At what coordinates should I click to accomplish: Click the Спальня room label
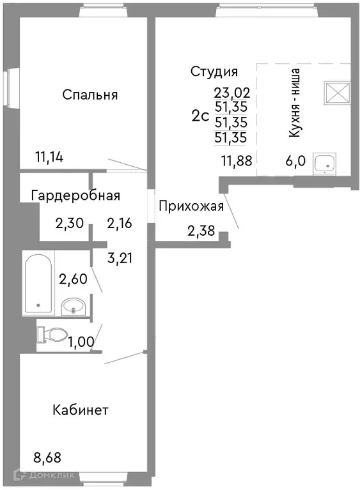pos(90,95)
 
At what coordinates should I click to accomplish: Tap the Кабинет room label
pos(81,410)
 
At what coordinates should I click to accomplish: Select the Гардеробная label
pos(75,195)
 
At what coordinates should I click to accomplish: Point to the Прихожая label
pos(191,206)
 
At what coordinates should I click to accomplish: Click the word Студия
pos(214,72)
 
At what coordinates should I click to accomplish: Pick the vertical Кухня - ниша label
pos(295,102)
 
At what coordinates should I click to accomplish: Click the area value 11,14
pos(49,157)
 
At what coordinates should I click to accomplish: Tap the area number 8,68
pos(47,458)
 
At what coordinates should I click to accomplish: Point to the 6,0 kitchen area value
pos(295,161)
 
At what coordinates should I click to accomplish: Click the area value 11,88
pos(237,161)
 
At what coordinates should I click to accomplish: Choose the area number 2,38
pos(201,231)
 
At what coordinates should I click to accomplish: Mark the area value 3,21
pos(120,259)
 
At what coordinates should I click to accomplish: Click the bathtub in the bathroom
pos(38,283)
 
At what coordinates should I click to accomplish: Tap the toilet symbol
pos(52,334)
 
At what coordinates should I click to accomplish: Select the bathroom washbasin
pos(73,306)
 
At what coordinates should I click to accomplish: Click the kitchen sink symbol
pos(325,163)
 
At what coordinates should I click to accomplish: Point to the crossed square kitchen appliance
pos(337,92)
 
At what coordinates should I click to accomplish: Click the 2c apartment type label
pos(200,116)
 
